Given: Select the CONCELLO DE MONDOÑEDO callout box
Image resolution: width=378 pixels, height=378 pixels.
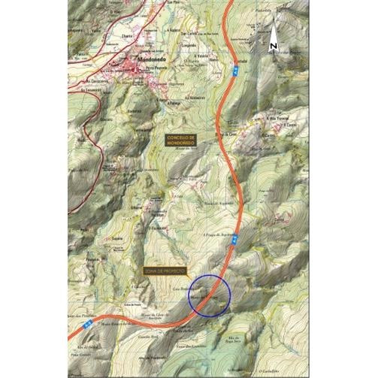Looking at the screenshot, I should pos(181,139).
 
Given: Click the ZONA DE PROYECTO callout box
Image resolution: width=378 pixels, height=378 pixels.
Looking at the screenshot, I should pos(166,271).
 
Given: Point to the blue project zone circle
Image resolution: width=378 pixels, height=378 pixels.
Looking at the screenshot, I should pos(208,296).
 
